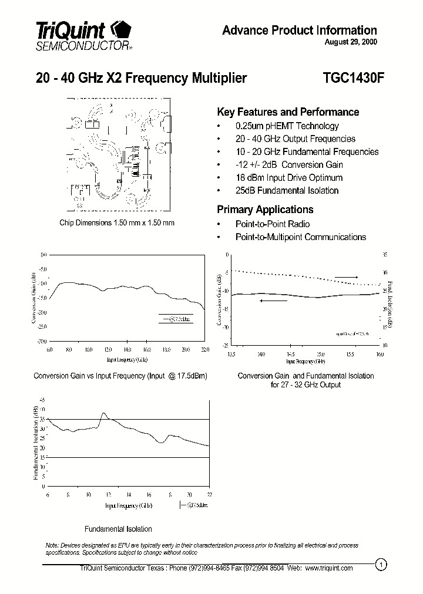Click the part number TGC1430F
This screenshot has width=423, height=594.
click(x=350, y=78)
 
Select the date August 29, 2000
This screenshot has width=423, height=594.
click(x=351, y=42)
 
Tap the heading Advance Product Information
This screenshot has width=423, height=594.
click(x=299, y=30)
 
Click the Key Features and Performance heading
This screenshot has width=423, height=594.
click(x=288, y=112)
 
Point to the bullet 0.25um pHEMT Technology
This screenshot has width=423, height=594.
click(x=287, y=126)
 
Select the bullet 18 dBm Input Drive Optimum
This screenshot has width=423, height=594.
click(x=288, y=177)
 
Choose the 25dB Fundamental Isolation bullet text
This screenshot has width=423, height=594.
click(x=287, y=190)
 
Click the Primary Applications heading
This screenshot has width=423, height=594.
click(x=265, y=210)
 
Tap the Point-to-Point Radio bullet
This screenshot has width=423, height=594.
click(x=272, y=224)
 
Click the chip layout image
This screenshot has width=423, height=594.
click(x=117, y=156)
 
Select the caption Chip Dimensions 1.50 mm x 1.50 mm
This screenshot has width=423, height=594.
click(x=117, y=223)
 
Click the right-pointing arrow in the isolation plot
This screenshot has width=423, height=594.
click(x=347, y=276)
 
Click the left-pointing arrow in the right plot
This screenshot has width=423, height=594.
click(x=274, y=301)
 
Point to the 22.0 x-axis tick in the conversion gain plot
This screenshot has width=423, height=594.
click(x=204, y=350)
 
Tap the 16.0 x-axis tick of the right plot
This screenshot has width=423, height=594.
click(x=379, y=355)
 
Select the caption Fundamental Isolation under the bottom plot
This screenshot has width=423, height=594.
click(x=118, y=529)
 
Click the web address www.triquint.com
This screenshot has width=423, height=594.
click(x=328, y=568)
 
